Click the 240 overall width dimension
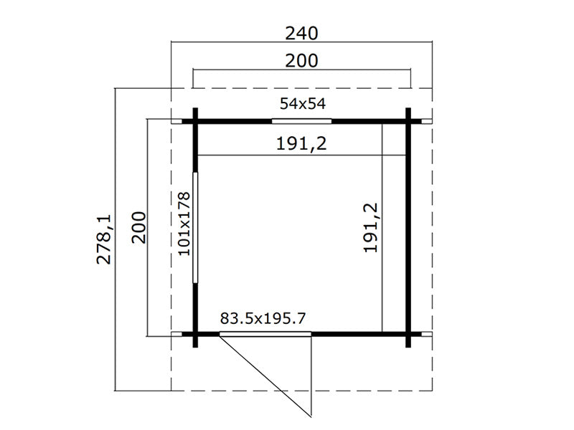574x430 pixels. (x=301, y=33)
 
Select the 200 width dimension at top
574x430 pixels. (x=301, y=60)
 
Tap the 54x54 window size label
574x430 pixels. (x=302, y=104)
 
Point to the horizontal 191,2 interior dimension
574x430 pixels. (x=301, y=144)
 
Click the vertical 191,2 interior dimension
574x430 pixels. (x=371, y=227)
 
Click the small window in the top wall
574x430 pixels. (x=301, y=120)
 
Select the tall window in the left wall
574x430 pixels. (x=194, y=227)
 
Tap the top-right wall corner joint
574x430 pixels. (x=408, y=120)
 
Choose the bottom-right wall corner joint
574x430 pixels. (x=408, y=334)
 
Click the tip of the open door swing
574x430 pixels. (x=311, y=416)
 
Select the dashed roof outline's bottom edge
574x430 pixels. (x=301, y=391)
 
